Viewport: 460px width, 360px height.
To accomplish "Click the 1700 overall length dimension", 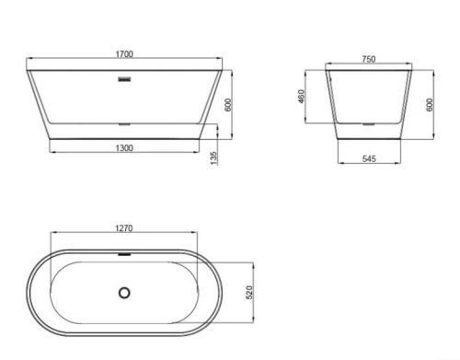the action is pos(124,54).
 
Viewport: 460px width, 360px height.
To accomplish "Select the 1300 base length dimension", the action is pos(124,148).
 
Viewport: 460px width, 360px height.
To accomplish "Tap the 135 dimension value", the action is pos(213,157).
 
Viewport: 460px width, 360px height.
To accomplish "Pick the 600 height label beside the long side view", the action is pos(229,105).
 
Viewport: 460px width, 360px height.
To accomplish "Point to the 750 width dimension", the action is pos(368,59).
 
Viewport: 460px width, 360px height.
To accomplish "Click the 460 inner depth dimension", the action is pos(302,96).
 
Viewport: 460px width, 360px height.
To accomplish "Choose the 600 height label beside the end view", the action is pos(430,105).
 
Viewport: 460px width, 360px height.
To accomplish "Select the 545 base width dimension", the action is pos(369,158).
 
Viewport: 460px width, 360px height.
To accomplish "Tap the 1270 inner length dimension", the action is pos(124,228).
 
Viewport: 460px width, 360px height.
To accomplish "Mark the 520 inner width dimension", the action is pos(249,292).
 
